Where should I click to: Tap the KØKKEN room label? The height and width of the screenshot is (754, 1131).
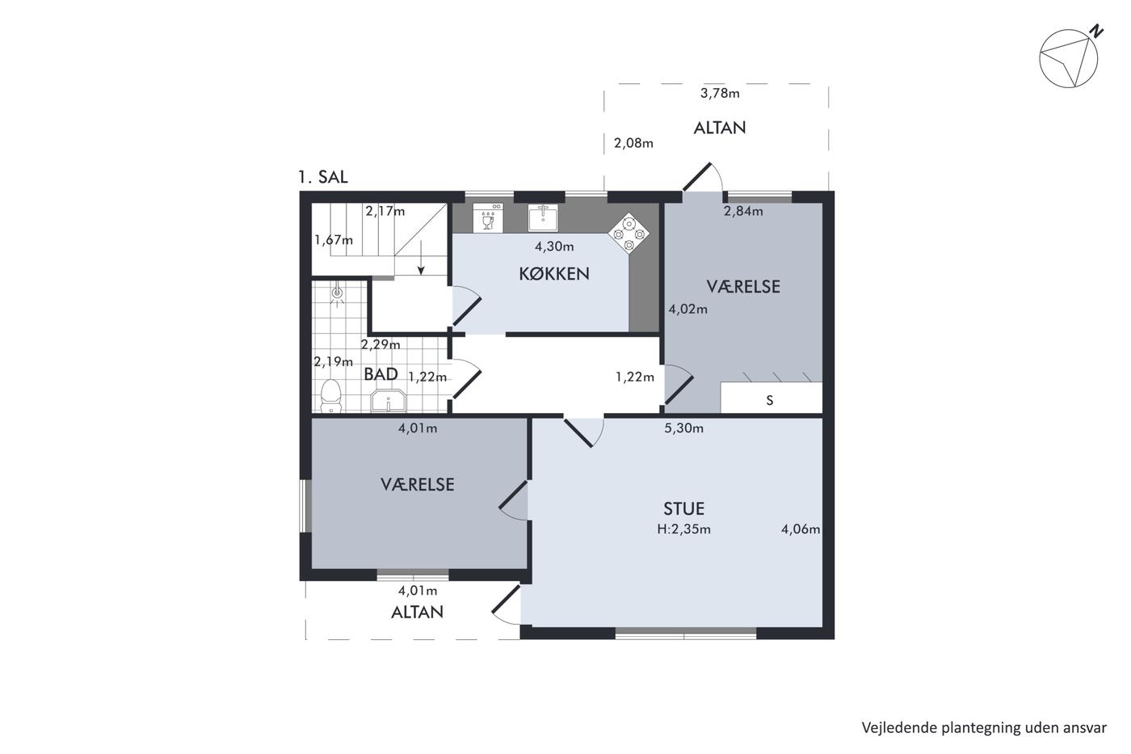coord(554,274)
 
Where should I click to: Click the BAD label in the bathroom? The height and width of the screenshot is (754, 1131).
coord(381,374)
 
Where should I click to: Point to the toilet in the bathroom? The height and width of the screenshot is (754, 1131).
coord(330,395)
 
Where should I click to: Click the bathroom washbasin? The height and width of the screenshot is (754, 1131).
coord(389,401)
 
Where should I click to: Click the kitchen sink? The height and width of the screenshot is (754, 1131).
coord(543,217)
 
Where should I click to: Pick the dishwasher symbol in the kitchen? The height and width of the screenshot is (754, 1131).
coord(488,217)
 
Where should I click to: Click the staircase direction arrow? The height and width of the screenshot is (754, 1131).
coord(421,258)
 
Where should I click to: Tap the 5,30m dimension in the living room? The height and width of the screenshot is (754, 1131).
coord(683,428)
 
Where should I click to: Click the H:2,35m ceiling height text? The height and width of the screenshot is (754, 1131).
coord(683,529)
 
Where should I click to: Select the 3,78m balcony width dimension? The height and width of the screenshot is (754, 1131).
coord(720,94)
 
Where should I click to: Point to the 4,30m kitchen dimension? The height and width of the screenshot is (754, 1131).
coord(554,246)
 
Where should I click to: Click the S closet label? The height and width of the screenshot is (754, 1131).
coord(769,401)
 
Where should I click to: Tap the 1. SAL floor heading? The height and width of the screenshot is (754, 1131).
coord(322,177)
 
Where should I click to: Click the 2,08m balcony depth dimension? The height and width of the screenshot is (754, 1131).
coord(633,143)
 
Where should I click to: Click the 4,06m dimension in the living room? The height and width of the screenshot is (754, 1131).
coord(801,529)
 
